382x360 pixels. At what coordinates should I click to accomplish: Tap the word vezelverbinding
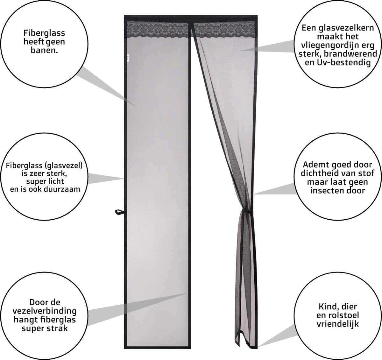click(45, 311)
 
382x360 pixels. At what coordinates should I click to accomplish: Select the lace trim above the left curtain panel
click(157, 29)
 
